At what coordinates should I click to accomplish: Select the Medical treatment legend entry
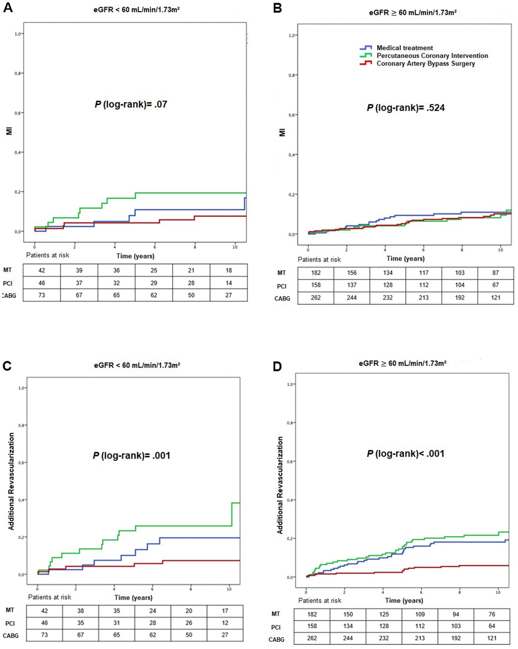[x=405, y=48]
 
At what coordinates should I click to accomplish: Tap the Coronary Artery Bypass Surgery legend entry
[x=426, y=63]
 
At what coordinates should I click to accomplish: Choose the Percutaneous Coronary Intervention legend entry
[x=432, y=56]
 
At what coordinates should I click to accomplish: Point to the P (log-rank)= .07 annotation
[x=131, y=105]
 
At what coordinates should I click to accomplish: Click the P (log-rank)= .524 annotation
[x=406, y=108]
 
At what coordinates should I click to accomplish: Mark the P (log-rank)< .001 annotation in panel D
[x=406, y=453]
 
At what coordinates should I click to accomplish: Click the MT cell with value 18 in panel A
[x=229, y=270]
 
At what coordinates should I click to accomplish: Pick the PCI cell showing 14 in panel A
[x=229, y=283]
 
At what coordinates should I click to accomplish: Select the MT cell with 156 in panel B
[x=352, y=273]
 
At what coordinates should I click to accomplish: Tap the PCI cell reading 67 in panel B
[x=496, y=285]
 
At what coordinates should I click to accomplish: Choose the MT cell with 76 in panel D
[x=492, y=614]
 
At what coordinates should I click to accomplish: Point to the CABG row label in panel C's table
[x=11, y=635]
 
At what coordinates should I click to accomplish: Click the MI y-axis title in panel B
[x=282, y=133]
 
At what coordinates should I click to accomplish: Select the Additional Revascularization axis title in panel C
[x=12, y=481]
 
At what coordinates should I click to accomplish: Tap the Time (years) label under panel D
[x=404, y=600]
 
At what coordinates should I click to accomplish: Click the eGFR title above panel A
[x=137, y=9]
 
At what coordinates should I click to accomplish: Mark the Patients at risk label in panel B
[x=319, y=259]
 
